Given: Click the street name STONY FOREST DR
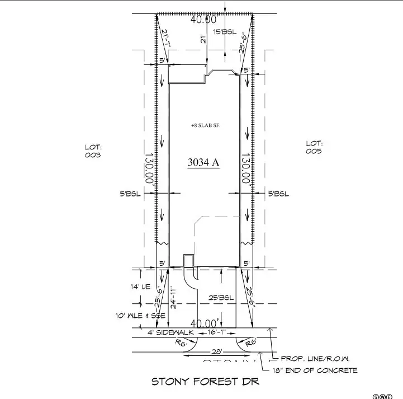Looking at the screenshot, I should [x=206, y=382].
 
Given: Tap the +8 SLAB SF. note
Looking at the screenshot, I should [x=205, y=126].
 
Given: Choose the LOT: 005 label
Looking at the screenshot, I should [x=314, y=147].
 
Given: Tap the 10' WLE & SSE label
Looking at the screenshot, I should [x=134, y=316].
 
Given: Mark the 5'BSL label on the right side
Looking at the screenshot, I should [x=279, y=194].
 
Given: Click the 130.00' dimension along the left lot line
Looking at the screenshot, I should [x=149, y=169].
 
